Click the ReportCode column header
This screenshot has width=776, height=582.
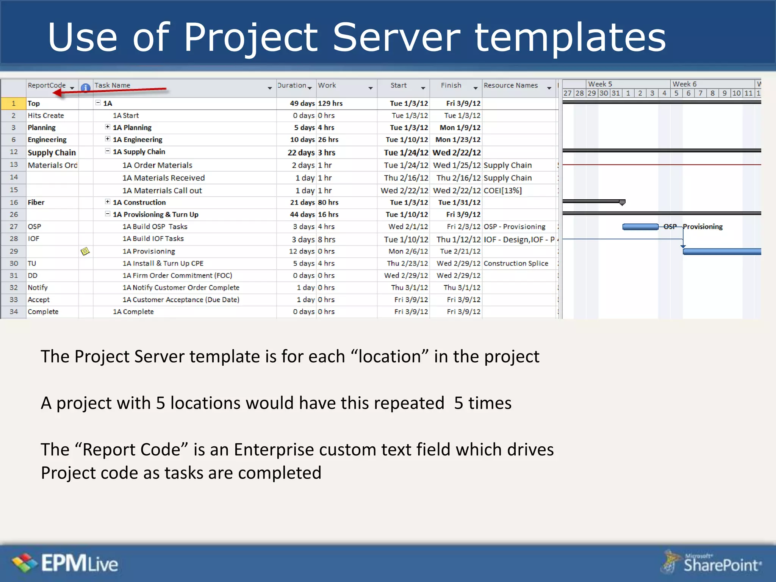(47, 86)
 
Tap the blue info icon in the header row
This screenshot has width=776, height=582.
(86, 88)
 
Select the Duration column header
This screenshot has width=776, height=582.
(292, 86)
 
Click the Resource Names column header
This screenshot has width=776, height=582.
(510, 86)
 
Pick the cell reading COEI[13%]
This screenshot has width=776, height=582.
(502, 191)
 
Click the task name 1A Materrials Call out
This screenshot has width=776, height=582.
(162, 191)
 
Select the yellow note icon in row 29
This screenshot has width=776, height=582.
(85, 251)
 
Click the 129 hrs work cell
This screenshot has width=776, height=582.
(330, 103)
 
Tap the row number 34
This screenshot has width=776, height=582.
(14, 311)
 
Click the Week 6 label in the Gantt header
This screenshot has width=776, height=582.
(684, 84)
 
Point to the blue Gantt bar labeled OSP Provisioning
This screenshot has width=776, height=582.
(640, 227)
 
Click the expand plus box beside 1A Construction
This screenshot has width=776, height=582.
(108, 202)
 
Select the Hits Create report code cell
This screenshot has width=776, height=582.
(46, 116)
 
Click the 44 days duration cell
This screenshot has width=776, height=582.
(302, 214)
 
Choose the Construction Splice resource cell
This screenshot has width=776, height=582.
(516, 263)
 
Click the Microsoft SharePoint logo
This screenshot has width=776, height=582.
(712, 563)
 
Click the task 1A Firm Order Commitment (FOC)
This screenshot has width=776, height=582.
(177, 275)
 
